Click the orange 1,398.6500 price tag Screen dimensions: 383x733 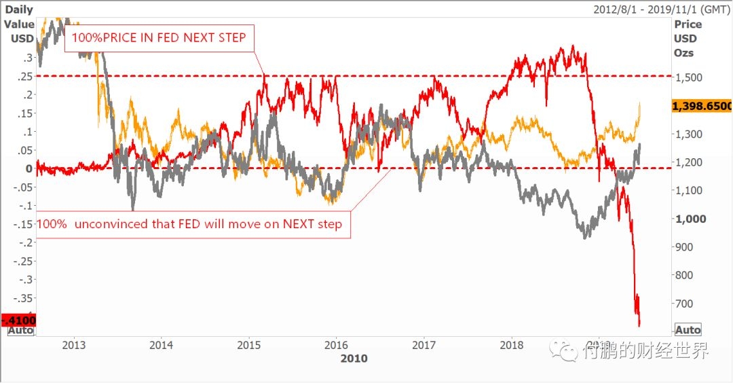(x=702, y=107)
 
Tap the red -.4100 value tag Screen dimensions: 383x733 (x=18, y=319)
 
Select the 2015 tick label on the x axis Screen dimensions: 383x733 (x=250, y=344)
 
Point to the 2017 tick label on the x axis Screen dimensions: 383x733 (x=424, y=344)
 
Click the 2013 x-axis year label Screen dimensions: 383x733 (x=74, y=344)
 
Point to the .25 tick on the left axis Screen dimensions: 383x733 (x=25, y=75)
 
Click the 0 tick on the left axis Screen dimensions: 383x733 (x=29, y=168)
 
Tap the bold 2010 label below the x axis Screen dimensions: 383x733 (x=354, y=358)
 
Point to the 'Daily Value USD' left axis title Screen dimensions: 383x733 (x=19, y=24)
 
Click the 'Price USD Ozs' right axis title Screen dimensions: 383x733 (x=688, y=38)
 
